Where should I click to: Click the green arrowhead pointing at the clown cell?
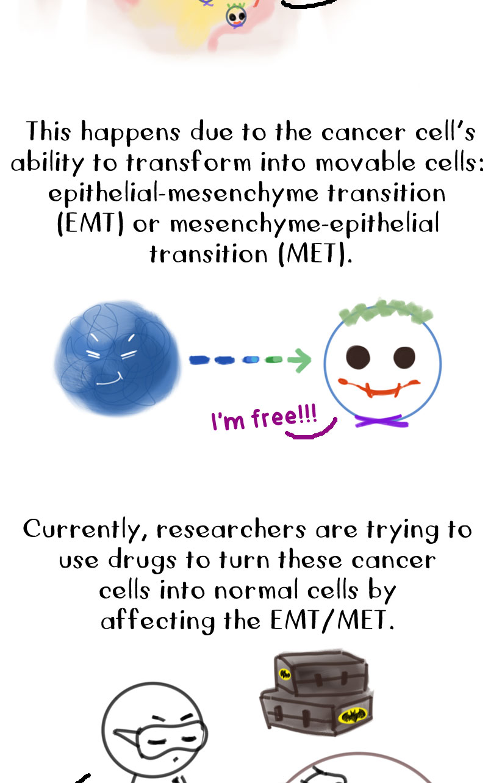point(300,360)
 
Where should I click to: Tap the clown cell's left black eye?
point(357,357)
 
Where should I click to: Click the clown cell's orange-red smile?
point(379,388)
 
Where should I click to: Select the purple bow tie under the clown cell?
point(381,422)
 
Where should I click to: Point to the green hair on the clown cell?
point(386,311)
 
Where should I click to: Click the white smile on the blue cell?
point(109,380)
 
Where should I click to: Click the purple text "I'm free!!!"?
point(264,417)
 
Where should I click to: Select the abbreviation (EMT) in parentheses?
point(90,224)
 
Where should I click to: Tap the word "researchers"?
point(231,530)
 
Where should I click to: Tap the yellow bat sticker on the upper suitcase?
point(285,674)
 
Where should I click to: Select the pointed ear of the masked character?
point(127,734)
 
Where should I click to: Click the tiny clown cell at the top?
point(236,16)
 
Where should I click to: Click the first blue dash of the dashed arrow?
point(199,359)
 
